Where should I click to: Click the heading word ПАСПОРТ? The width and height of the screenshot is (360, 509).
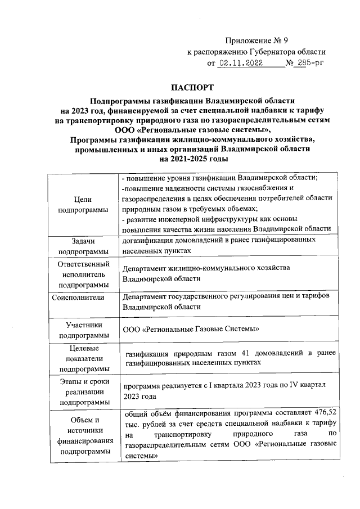(193, 88)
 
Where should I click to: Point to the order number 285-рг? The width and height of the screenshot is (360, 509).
(312, 64)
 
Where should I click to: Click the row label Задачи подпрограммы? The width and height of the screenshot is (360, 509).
(84, 246)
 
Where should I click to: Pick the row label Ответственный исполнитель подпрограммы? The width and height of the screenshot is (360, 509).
(84, 274)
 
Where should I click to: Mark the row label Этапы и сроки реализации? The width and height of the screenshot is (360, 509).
(84, 391)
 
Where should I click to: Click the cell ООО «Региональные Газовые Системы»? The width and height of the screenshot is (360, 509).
(192, 329)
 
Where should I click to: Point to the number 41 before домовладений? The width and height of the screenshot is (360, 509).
(245, 353)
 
